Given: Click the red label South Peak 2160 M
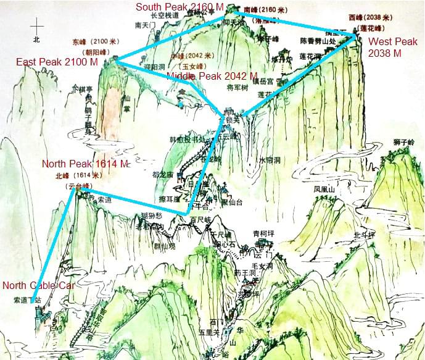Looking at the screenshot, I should point(179,7).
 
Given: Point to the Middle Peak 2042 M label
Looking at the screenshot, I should point(212,75).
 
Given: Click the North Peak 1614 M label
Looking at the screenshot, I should point(85,164).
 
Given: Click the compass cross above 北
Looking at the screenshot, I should point(38,27).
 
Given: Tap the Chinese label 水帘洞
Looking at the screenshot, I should point(270,160).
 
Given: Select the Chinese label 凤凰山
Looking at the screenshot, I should point(324,189).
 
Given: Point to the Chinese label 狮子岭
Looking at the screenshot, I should point(403,141).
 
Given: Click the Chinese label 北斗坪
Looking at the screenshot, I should point(364,235).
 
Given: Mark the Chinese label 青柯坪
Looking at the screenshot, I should point(264,233).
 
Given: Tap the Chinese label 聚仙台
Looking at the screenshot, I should point(232,202).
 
